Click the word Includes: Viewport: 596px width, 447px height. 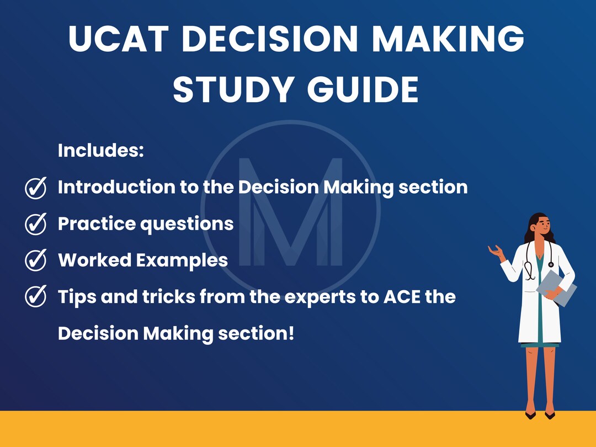point(100,151)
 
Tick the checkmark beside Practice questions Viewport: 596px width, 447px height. point(36,224)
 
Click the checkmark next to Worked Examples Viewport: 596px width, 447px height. point(36,260)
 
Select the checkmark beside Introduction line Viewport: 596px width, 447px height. point(36,188)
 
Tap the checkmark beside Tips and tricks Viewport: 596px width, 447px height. point(36,297)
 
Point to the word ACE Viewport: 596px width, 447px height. point(398,297)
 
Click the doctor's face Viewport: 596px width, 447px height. point(541,226)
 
